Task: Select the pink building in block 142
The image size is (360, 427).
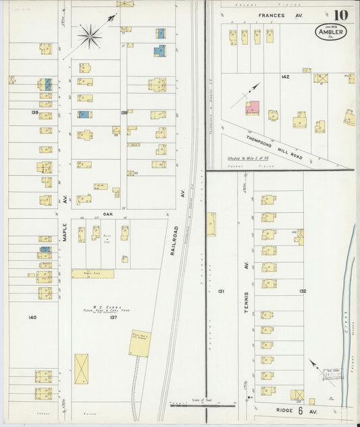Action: [253, 107]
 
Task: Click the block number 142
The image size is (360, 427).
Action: [285, 77]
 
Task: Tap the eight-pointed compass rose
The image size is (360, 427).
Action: [90, 34]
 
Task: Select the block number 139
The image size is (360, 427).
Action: [34, 112]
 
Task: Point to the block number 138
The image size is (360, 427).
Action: [124, 112]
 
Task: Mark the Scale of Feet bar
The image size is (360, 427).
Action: [201, 405]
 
